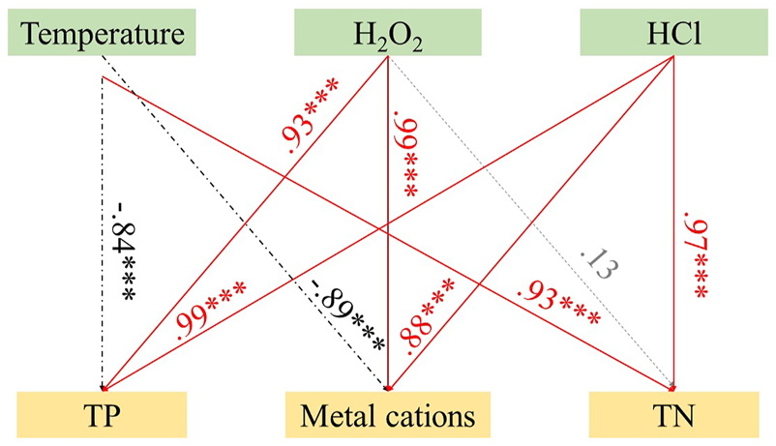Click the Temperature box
pyautogui.click(x=104, y=35)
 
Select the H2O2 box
pyautogui.click(x=387, y=35)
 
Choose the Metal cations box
pyautogui.click(x=388, y=416)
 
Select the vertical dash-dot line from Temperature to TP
pyautogui.click(x=102, y=174)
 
